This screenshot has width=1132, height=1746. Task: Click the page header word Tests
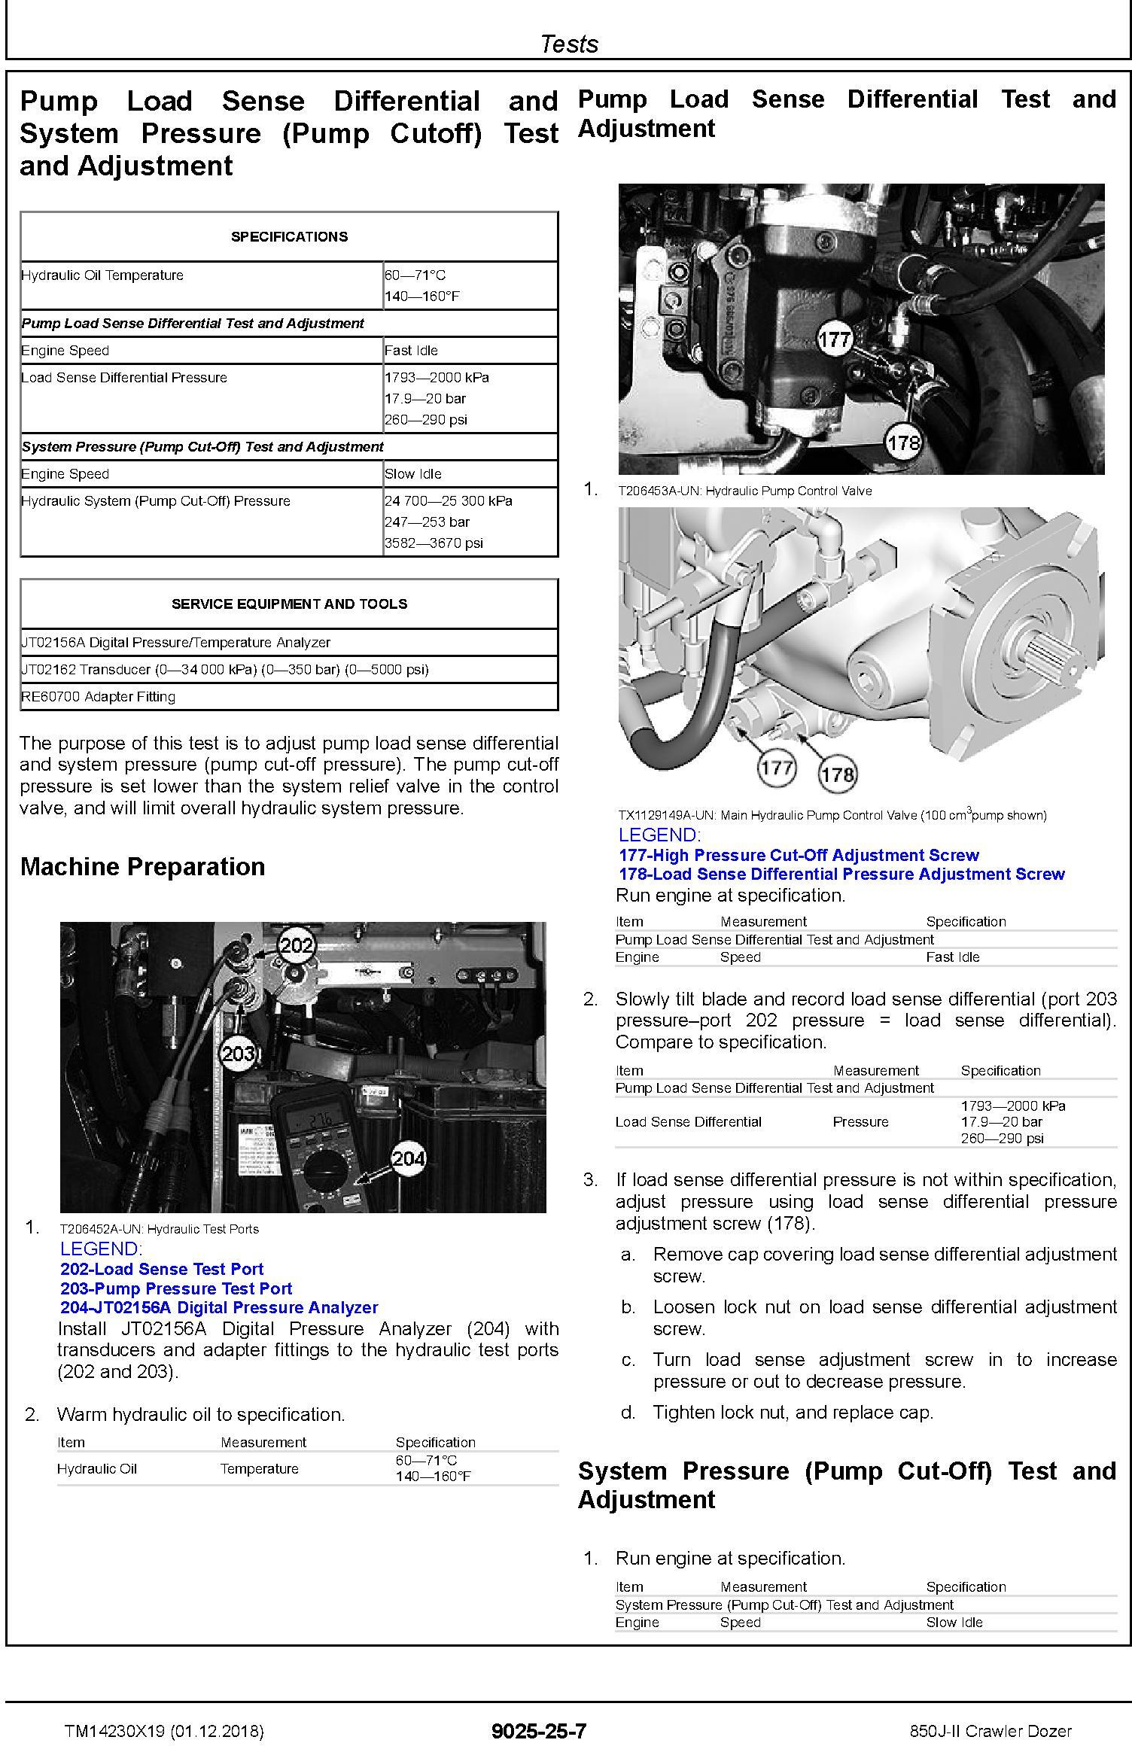coord(569,44)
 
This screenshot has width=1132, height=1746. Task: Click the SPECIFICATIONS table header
coord(289,236)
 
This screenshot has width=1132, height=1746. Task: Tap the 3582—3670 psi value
coord(434,543)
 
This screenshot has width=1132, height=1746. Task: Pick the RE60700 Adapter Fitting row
coord(98,696)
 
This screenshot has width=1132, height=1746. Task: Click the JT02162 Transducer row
coord(224,669)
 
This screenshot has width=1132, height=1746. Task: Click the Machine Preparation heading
coord(142,866)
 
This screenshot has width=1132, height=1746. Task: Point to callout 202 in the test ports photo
coord(297,945)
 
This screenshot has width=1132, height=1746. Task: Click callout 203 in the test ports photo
coord(239,1053)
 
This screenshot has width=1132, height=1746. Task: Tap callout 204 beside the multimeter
coord(408,1159)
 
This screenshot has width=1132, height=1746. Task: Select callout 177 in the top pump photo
coord(834,340)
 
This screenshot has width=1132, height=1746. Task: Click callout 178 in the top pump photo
coord(903,442)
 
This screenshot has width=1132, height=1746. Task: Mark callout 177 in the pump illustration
coord(776,768)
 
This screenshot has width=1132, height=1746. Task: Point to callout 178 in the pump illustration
coord(838,774)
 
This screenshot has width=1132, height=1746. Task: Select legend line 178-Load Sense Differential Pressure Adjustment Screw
coord(841,874)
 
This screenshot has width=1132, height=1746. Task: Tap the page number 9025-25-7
coord(538,1730)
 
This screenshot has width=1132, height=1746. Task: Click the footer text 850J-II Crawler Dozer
coord(990,1730)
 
